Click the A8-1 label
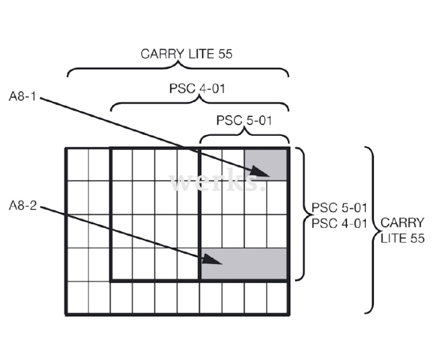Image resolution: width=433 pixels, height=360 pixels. point(24,95)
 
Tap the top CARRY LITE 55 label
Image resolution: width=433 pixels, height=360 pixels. point(186,54)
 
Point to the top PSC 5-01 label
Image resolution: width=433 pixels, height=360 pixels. point(243,121)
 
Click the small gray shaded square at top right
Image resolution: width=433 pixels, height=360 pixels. point(266,164)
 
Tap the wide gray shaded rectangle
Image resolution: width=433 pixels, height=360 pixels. point(244,264)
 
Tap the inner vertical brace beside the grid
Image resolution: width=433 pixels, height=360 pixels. point(302,214)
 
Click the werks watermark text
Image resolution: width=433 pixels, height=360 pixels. point(215,181)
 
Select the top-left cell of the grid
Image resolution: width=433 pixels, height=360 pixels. point(77,165)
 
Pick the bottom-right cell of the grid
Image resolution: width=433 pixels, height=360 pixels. point(277,298)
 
